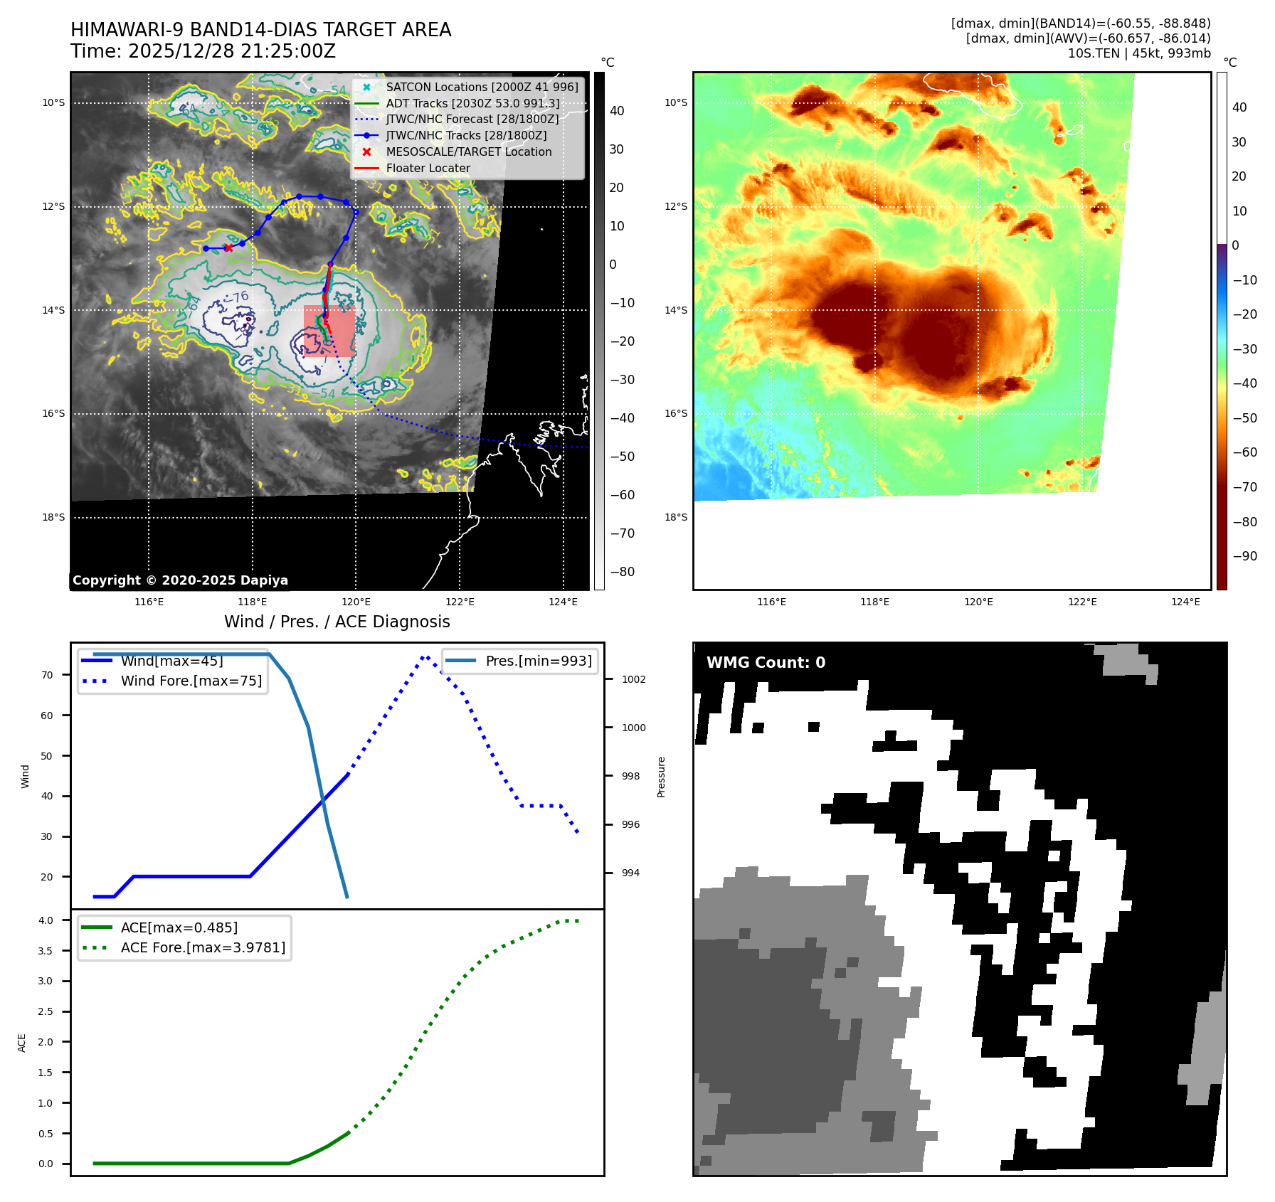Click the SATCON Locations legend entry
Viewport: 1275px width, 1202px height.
pyautogui.click(x=482, y=87)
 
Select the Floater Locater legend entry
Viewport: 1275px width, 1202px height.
pyautogui.click(x=428, y=169)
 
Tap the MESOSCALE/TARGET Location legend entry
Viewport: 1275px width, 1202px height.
pyautogui.click(x=468, y=152)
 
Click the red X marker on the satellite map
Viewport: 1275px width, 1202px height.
pyautogui.click(x=228, y=248)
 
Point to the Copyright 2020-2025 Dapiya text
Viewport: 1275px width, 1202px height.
pyautogui.click(x=180, y=580)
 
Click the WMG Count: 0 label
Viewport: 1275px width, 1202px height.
pyautogui.click(x=766, y=663)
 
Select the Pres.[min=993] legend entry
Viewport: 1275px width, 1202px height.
pyautogui.click(x=538, y=661)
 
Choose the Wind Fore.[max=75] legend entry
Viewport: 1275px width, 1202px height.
pyautogui.click(x=191, y=681)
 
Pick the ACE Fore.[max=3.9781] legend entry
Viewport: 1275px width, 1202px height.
pyautogui.click(x=203, y=947)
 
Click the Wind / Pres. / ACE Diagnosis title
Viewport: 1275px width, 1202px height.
pyautogui.click(x=337, y=622)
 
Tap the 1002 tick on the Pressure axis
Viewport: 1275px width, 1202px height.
pyautogui.click(x=633, y=679)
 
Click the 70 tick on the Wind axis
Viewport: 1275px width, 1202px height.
pyautogui.click(x=47, y=675)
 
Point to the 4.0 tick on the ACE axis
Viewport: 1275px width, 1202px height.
pyautogui.click(x=46, y=920)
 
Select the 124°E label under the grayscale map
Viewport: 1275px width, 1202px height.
pyautogui.click(x=563, y=602)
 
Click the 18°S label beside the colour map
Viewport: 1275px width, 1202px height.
pyautogui.click(x=676, y=517)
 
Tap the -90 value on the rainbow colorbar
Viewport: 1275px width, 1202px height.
pyautogui.click(x=1244, y=556)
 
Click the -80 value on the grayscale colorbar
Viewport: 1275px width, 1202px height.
pyautogui.click(x=622, y=572)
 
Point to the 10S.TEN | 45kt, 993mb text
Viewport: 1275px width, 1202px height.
pyautogui.click(x=1138, y=53)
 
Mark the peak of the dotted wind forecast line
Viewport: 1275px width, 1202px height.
pyautogui.click(x=425, y=656)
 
